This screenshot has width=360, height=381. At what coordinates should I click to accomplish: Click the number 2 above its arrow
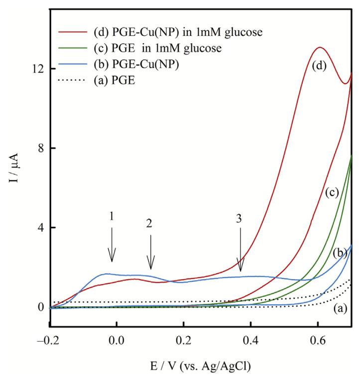[x=149, y=224]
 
